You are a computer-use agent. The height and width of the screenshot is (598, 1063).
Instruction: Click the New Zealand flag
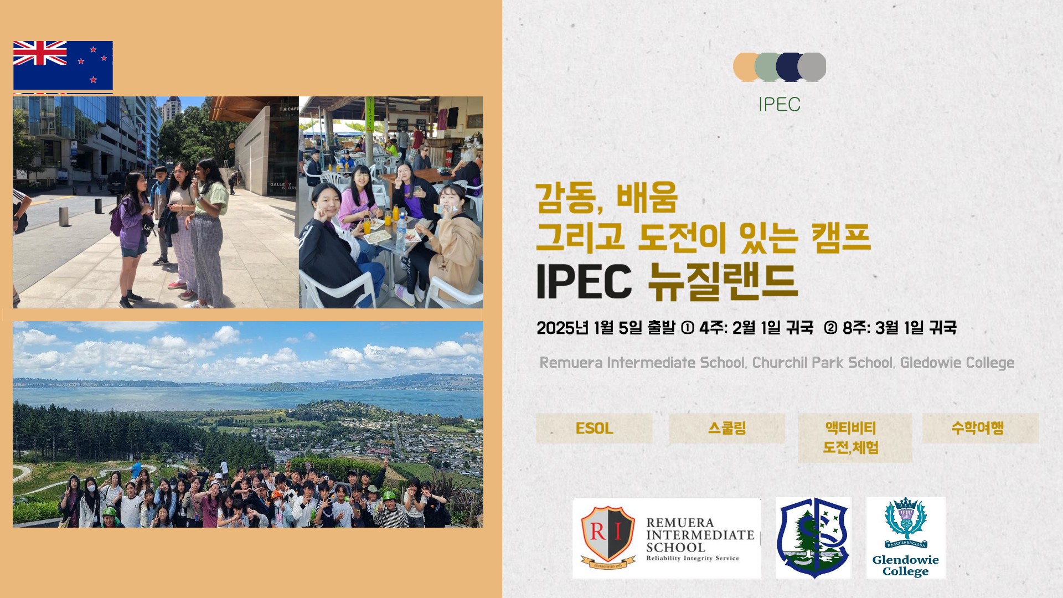point(63,65)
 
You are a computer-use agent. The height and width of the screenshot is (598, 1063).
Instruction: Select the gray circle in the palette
point(812,67)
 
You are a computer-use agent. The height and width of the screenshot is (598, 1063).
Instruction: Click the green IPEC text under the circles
point(780,104)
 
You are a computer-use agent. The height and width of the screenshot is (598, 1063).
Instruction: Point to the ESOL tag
point(594,428)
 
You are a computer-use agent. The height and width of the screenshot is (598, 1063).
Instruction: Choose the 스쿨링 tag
point(727,428)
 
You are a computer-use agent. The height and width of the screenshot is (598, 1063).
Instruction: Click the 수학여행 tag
point(980,428)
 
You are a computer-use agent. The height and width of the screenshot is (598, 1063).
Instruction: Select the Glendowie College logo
point(906,538)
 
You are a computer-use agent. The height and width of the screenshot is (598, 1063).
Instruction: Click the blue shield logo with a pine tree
point(813,538)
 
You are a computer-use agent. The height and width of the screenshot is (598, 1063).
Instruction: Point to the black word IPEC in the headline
point(584,281)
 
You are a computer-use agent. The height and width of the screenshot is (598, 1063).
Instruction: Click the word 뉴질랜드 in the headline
point(723,281)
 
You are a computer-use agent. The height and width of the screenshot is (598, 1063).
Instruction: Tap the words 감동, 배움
point(607,198)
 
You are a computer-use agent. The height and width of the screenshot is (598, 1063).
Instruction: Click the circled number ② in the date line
point(830,328)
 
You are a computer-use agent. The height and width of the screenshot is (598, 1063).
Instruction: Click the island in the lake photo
point(275,386)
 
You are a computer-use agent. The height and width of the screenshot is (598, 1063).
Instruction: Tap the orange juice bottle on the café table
point(367,225)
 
